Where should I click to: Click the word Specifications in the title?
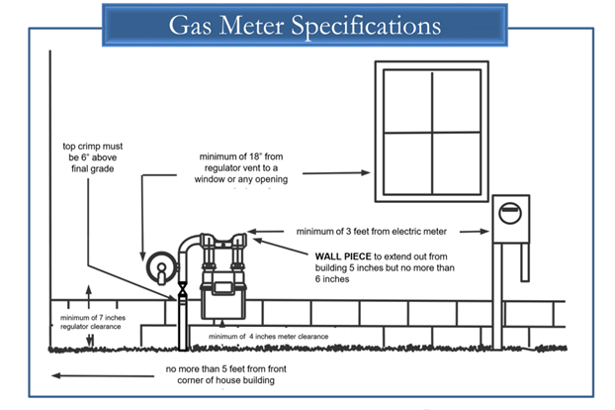point(367,26)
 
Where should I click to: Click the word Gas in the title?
point(190,25)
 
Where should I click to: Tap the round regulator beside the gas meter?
point(162,267)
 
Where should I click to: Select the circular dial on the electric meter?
point(510,213)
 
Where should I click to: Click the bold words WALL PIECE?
point(343,256)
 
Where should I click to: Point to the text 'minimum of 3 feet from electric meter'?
point(372,232)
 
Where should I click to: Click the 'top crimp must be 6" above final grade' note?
point(93,157)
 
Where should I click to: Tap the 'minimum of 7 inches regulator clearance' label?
point(93,322)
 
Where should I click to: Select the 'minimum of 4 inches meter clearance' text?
point(268,337)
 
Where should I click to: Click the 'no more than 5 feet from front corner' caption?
point(225,374)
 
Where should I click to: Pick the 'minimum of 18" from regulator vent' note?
point(241,168)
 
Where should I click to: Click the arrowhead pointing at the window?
point(366,172)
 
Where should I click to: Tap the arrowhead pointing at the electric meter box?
point(484,232)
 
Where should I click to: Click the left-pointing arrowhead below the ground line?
point(56,376)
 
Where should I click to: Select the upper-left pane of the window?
point(408,101)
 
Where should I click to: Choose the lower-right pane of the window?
point(457,163)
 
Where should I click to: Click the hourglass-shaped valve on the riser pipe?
point(182,288)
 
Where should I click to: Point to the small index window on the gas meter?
point(223,288)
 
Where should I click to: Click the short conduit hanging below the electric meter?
point(525,262)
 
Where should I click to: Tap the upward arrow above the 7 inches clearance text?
point(89,297)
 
